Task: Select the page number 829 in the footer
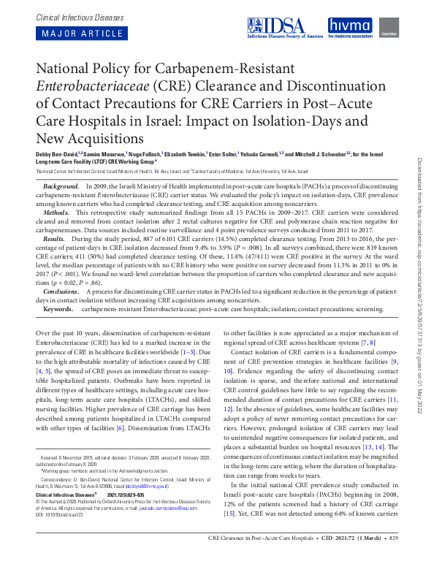point(392,558)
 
